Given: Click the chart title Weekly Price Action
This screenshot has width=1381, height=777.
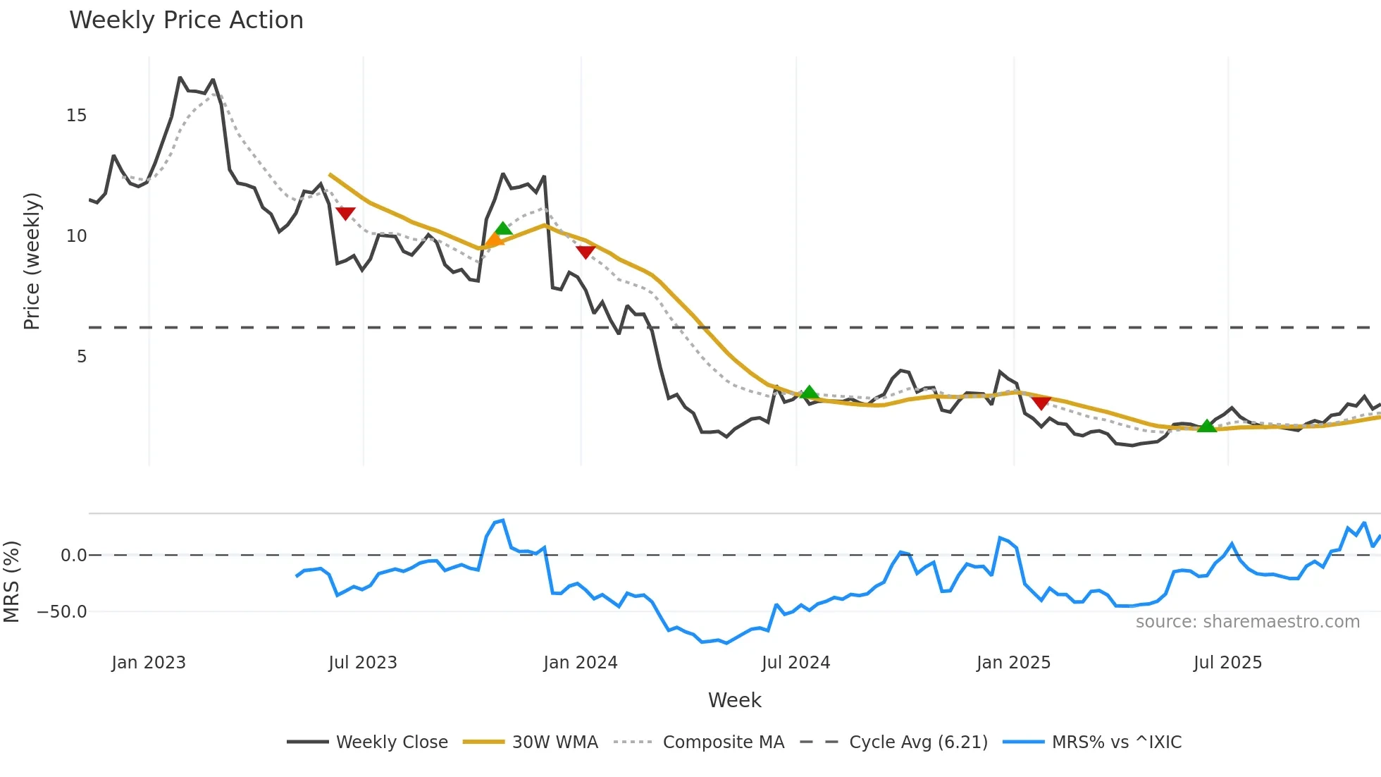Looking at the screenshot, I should click(186, 20).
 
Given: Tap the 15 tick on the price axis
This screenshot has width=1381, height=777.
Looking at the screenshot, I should click(77, 116).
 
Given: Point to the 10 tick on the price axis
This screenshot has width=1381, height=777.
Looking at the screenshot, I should click(77, 236).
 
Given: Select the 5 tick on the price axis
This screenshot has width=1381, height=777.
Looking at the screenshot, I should click(82, 357).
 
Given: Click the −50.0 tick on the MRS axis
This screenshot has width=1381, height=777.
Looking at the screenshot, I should click(62, 612).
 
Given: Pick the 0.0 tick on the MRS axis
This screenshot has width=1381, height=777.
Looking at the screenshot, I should click(73, 556).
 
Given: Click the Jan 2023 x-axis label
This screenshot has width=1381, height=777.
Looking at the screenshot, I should click(149, 663).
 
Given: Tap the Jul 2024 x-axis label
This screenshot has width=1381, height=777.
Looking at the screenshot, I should click(795, 663).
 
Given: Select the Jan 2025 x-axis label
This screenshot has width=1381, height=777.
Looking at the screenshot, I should click(1013, 663).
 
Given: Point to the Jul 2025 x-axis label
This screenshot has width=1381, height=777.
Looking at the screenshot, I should click(1227, 663).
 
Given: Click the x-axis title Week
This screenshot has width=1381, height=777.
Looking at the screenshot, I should click(734, 700).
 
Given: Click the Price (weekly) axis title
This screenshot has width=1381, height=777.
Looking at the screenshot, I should click(32, 261).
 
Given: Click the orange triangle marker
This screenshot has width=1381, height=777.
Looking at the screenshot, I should click(494, 240).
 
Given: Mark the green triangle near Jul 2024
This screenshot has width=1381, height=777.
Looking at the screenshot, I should click(810, 393).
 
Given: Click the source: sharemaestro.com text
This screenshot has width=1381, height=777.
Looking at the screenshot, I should click(1247, 622).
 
